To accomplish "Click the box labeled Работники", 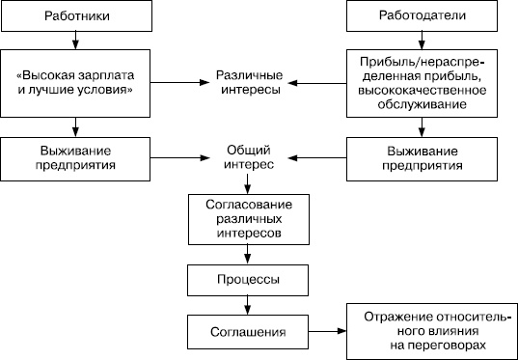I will pos(76,17).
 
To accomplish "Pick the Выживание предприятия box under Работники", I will pos(76,156).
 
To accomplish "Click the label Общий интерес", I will pos(249,156).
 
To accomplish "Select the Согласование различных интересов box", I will pos(249,218).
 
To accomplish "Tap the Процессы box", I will pos(249,279).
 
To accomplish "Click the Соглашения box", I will pos(249,332).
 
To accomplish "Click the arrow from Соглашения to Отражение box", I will pos(328,332).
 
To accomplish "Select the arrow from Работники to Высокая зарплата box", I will pos(76,41).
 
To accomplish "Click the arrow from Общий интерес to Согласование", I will pos(249,183).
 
